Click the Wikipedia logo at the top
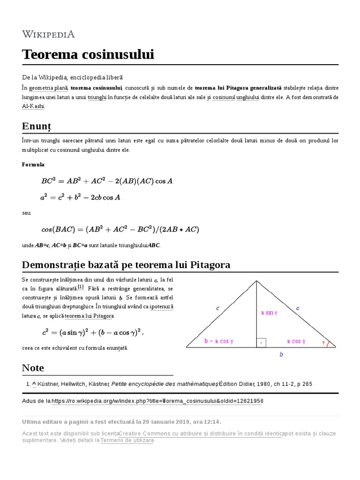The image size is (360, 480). point(48,34)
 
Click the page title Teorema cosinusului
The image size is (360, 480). point(88,55)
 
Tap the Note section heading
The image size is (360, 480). point(33,367)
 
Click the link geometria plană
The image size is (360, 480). point(49,88)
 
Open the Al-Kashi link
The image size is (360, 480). point(33,106)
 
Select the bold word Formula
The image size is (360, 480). point(33,165)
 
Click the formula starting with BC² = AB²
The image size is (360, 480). point(107,181)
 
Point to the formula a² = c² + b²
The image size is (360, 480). point(80,197)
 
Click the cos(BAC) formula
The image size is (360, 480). point(120,229)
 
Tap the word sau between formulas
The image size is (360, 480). point(27,213)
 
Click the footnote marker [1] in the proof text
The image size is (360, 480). point(81,287)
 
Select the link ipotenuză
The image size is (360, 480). point(162,306)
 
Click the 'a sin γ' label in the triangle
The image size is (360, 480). point(269,313)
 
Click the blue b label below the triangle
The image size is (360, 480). point(281,355)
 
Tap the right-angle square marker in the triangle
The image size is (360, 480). point(261,343)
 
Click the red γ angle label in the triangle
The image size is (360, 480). point(323,343)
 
